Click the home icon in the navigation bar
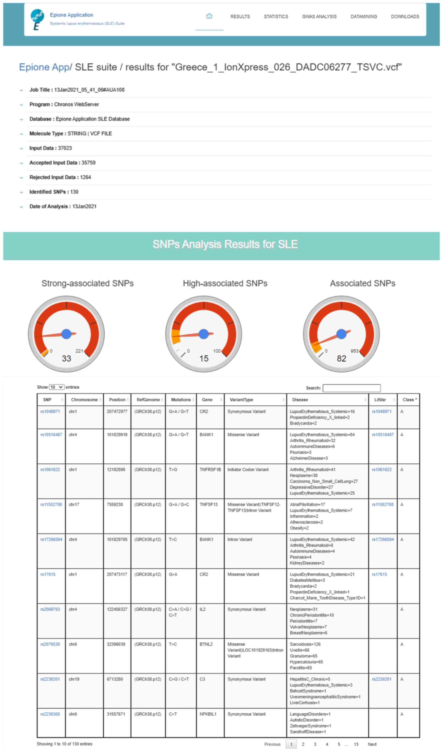coord(209,16)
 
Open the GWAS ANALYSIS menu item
coord(319,17)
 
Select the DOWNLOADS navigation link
coord(405,17)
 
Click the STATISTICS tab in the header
coord(276,17)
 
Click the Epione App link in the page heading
coord(44,67)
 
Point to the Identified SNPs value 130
coord(74,192)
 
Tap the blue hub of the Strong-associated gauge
coord(66,334)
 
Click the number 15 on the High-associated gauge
coord(204,359)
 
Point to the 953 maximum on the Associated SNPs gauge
coord(354,351)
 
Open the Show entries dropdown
coord(57,387)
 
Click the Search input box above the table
coord(351,388)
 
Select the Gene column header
coord(207,400)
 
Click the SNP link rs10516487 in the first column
coord(51,435)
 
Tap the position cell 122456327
coord(117,609)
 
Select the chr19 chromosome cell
coord(74,679)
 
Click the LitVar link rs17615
coord(379,574)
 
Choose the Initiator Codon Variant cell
coord(248,470)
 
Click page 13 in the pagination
coord(356,744)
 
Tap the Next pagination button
coord(372,744)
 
